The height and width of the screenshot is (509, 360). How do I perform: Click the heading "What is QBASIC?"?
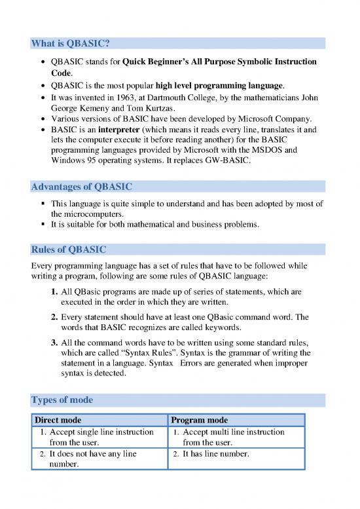(x=70, y=43)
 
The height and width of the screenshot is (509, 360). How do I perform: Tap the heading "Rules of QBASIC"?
(x=67, y=249)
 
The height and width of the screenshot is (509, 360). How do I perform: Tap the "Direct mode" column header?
(x=58, y=420)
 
